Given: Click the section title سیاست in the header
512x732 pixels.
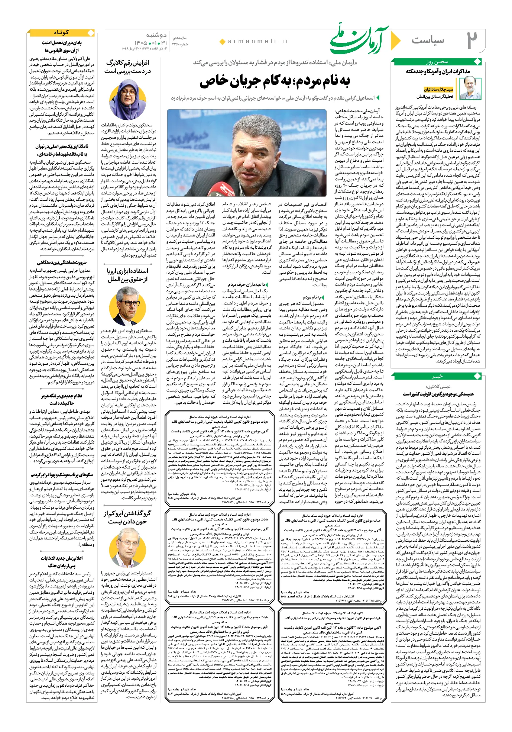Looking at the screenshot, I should (428, 40).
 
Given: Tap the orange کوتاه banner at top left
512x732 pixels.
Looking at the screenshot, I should (62, 33).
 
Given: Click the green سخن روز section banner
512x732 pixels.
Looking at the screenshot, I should (437, 62).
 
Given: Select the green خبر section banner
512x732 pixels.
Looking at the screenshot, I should (437, 377).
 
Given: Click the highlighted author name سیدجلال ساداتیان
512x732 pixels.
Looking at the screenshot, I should (438, 89).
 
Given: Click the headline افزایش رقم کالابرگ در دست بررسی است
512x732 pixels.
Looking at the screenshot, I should (127, 67).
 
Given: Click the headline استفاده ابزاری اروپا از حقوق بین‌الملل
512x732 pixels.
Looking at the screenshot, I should (127, 275).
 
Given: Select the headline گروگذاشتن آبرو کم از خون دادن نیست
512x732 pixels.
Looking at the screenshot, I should (127, 517).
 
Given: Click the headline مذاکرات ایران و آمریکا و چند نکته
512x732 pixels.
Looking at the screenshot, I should (438, 71).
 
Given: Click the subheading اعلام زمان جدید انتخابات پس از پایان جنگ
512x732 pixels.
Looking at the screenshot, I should (62, 562).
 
